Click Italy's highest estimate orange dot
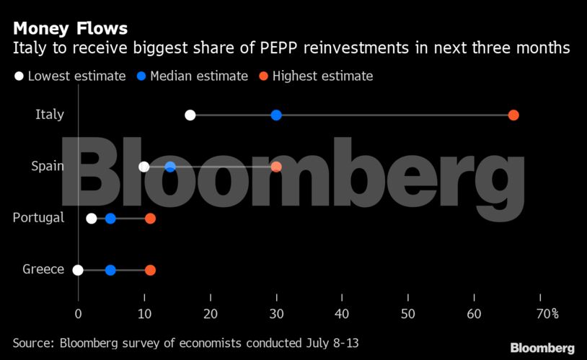[513, 115]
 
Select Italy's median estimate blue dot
[276, 115]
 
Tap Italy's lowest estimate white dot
[190, 115]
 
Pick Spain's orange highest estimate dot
[276, 167]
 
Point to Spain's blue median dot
[170, 167]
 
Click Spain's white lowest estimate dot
[144, 167]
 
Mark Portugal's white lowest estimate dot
[92, 219]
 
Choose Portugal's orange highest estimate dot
[150, 219]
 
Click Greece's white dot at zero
[78, 271]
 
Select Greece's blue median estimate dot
[110, 271]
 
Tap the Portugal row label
[38, 218]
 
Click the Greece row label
[43, 270]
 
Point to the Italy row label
[50, 115]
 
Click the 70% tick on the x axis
[547, 313]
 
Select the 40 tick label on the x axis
[343, 313]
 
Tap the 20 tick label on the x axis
[211, 313]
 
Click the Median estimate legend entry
[198, 76]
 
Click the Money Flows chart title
[70, 29]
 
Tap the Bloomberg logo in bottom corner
[542, 348]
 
